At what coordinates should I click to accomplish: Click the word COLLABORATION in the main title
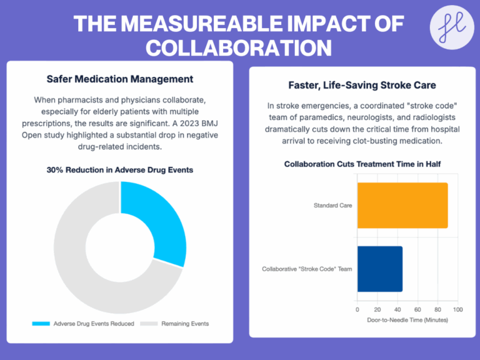pyautogui.click(x=239, y=47)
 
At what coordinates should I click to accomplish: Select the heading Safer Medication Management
pyautogui.click(x=120, y=79)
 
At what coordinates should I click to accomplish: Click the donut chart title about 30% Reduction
pyautogui.click(x=120, y=169)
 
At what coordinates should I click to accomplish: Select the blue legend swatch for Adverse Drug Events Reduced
pyautogui.click(x=41, y=324)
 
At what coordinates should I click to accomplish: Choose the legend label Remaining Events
pyautogui.click(x=185, y=324)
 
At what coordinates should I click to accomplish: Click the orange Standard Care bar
pyautogui.click(x=402, y=206)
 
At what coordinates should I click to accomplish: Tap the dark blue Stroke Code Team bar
pyautogui.click(x=379, y=269)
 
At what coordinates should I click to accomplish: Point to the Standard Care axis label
pyautogui.click(x=333, y=205)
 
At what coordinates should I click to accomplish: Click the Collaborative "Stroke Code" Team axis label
pyautogui.click(x=307, y=269)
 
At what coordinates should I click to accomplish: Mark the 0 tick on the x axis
pyautogui.click(x=357, y=309)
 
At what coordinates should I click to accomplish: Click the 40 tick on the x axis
pyautogui.click(x=397, y=309)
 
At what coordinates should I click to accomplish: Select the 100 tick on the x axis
pyautogui.click(x=457, y=309)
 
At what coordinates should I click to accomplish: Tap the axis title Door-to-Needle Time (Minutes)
pyautogui.click(x=407, y=319)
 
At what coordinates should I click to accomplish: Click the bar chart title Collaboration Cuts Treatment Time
pyautogui.click(x=362, y=164)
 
